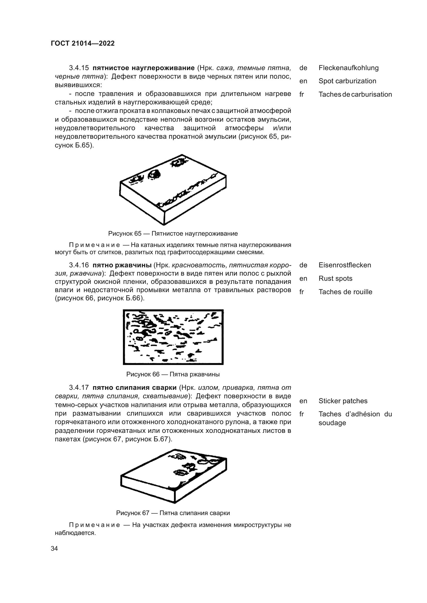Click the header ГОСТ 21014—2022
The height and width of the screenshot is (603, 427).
(83, 43)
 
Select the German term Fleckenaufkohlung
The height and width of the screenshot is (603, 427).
(348, 68)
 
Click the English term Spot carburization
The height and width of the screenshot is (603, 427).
(347, 81)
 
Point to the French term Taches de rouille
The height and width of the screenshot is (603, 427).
(345, 292)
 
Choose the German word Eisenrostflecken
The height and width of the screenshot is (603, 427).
(345, 265)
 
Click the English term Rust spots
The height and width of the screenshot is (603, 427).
(335, 278)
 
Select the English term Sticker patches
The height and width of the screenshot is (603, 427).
(343, 401)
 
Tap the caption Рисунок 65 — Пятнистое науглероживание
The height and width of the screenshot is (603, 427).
(173, 234)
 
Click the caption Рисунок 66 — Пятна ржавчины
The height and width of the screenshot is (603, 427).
(173, 374)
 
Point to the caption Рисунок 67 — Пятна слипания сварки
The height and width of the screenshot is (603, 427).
(173, 513)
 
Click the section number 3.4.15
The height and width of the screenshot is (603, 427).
(79, 68)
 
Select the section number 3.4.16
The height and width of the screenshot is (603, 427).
(79, 265)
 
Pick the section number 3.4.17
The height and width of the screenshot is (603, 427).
(79, 388)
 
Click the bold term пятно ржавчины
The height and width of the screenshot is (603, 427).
(122, 265)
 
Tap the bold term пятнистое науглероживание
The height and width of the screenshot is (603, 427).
(144, 68)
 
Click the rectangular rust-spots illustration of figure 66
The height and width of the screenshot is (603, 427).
(173, 337)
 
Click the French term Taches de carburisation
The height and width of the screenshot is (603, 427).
(355, 94)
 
